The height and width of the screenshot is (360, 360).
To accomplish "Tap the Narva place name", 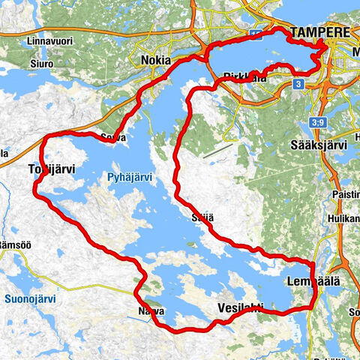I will [150, 310].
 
